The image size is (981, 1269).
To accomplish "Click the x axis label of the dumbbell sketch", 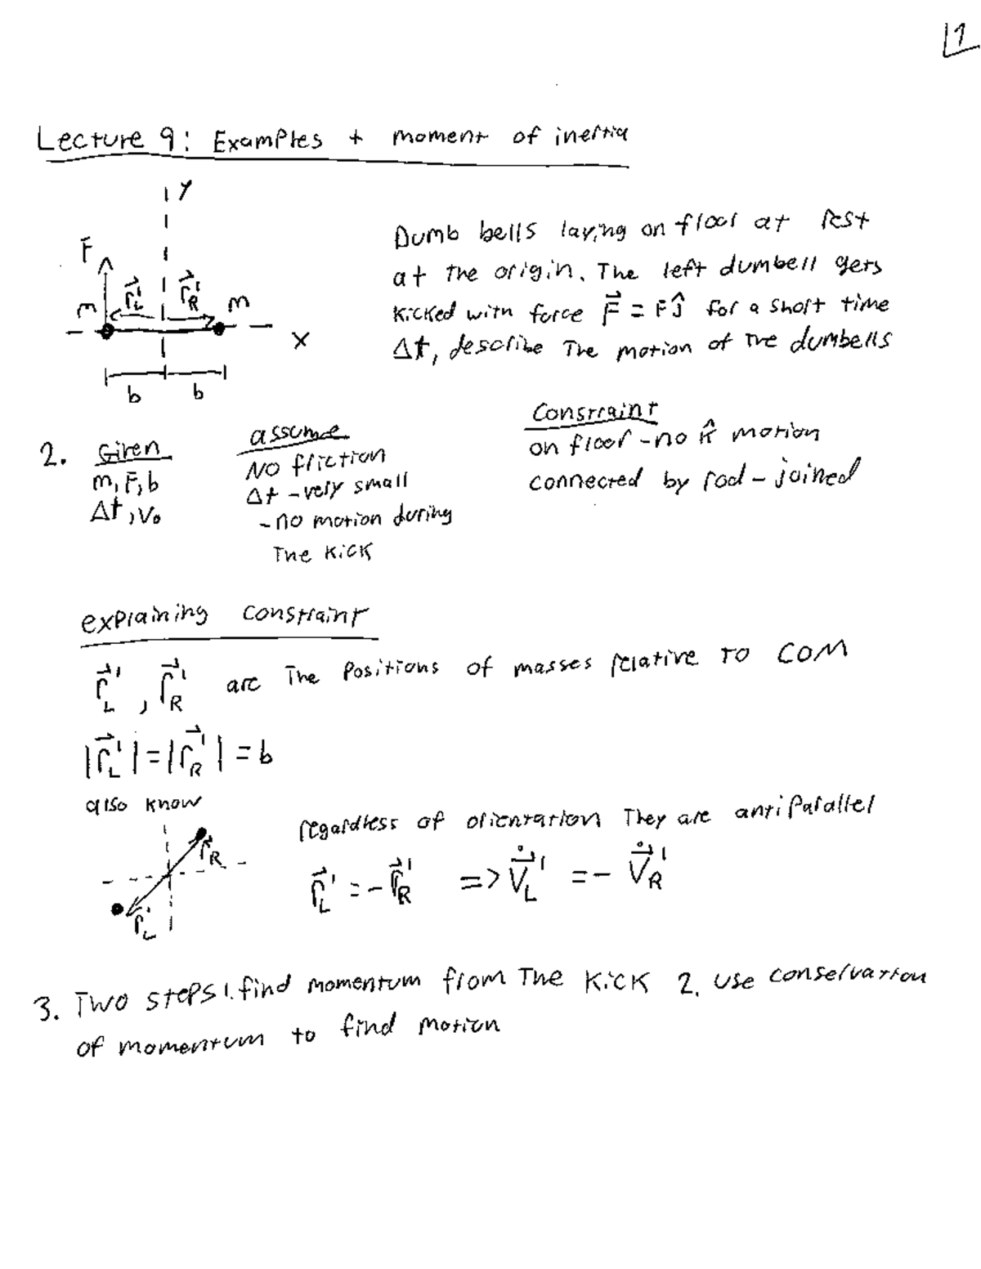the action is pyautogui.click(x=301, y=344).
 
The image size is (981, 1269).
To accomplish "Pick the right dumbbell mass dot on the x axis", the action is pyautogui.click(x=218, y=328).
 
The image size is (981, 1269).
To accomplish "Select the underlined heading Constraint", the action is pyautogui.click(x=594, y=412).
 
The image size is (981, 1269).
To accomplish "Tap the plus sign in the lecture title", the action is pyautogui.click(x=356, y=138).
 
